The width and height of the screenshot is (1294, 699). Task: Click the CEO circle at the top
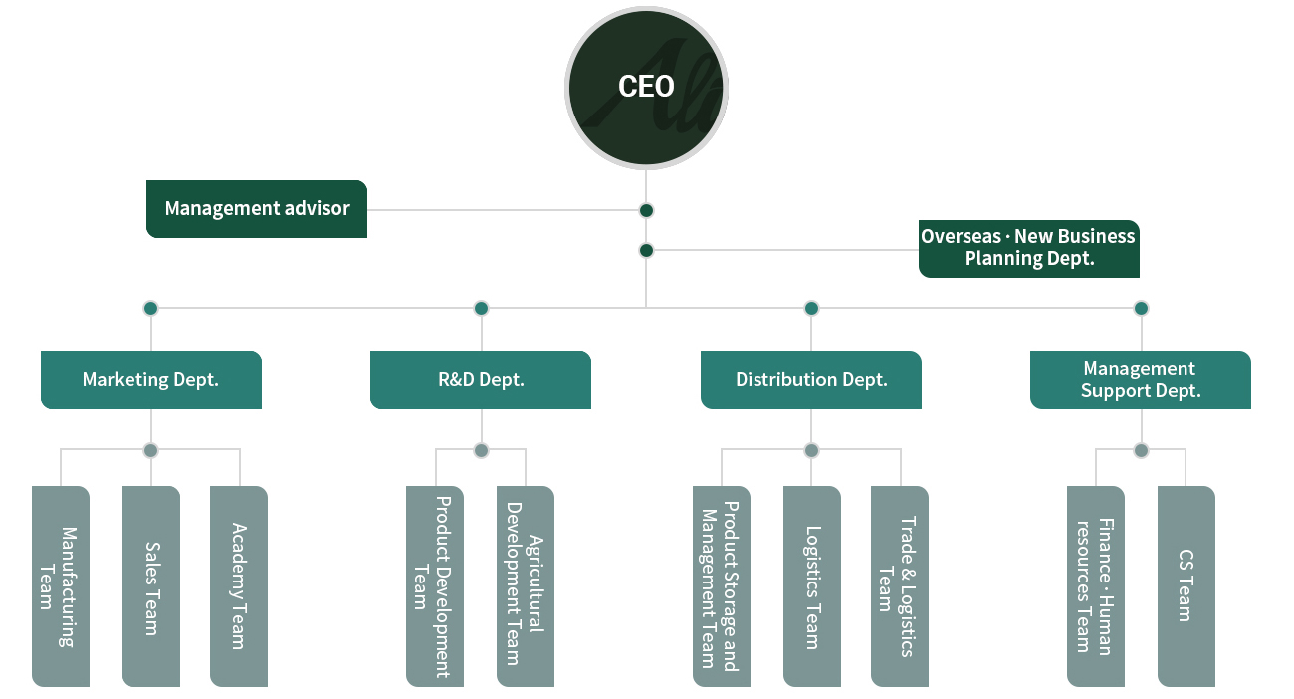point(646,88)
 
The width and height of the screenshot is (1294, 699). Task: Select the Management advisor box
point(257,208)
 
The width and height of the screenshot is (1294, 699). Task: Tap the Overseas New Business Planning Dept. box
point(1029,248)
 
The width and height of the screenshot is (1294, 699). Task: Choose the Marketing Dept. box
point(150,380)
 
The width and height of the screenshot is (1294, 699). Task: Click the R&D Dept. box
point(481,380)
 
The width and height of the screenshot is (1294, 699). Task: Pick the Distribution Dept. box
point(811,380)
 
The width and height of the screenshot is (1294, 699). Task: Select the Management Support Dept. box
point(1141,380)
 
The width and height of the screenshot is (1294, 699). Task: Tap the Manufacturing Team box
point(61,586)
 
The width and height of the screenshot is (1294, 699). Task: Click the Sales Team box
point(150,586)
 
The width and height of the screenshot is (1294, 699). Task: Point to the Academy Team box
point(239,586)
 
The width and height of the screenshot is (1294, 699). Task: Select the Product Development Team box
point(435,586)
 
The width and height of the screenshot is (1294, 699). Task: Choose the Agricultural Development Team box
point(526,586)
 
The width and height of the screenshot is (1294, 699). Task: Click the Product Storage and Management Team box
point(722,586)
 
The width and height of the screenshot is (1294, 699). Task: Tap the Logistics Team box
point(811,586)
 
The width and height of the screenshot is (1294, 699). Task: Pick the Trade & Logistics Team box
point(900,586)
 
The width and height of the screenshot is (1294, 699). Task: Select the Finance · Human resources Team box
point(1096,586)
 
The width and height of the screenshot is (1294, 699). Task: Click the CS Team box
point(1186,586)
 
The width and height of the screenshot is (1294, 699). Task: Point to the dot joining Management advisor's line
point(646,210)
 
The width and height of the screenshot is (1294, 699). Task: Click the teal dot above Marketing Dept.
point(150,308)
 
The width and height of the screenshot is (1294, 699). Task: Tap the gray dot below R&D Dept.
point(481,450)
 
